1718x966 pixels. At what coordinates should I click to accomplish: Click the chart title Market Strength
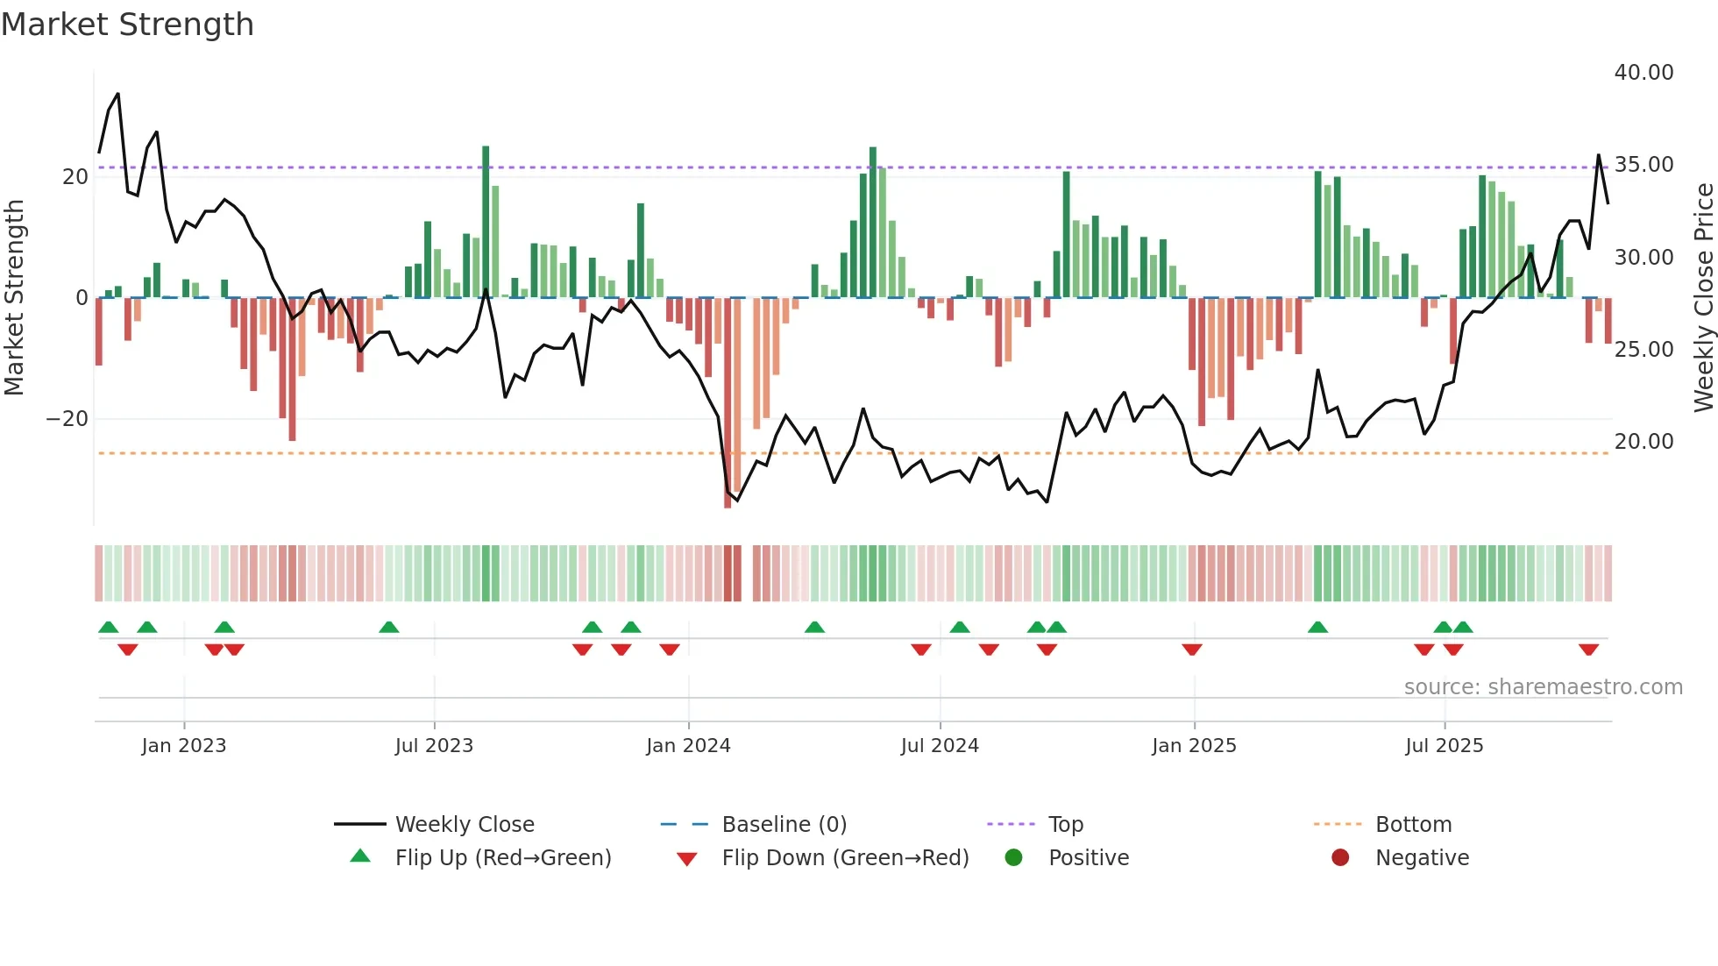coord(127,25)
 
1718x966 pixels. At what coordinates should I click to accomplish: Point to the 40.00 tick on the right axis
coord(1643,73)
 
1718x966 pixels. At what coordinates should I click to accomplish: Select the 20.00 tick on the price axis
coord(1643,442)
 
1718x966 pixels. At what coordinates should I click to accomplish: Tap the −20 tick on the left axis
coord(67,419)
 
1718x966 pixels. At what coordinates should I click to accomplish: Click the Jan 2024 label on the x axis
coord(688,746)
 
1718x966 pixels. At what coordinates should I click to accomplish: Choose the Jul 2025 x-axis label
coord(1444,746)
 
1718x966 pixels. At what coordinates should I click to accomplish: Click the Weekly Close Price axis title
coord(1703,298)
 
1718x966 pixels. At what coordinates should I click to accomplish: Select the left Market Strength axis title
coord(15,298)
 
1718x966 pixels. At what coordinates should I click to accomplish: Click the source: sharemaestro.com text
coord(1543,687)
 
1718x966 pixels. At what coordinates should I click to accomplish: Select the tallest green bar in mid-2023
coord(486,221)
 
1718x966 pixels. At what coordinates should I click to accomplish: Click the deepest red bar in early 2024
coord(728,403)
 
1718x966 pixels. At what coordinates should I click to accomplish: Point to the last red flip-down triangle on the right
coord(1588,650)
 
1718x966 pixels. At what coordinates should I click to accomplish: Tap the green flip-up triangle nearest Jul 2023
coord(389,627)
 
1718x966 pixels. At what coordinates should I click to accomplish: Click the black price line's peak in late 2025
coord(1598,156)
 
